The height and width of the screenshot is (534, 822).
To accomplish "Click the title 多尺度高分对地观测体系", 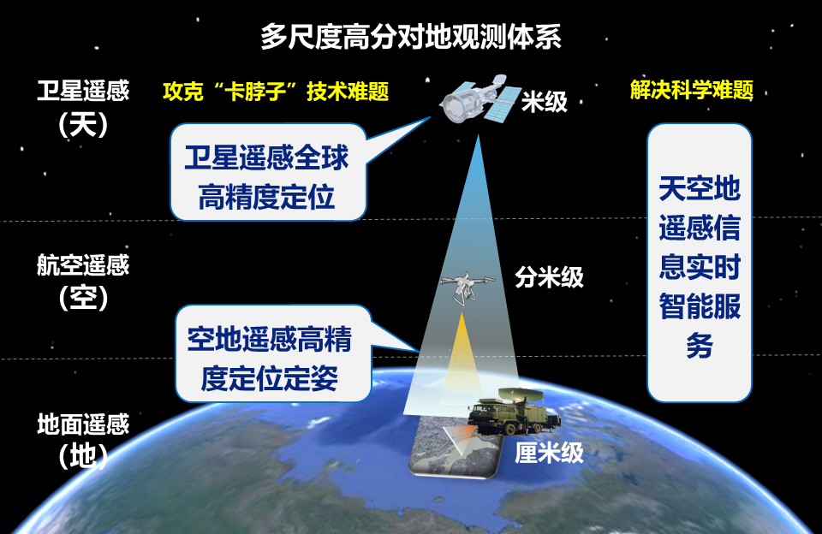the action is [x=411, y=37].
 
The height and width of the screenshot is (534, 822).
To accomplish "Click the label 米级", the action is [x=545, y=101].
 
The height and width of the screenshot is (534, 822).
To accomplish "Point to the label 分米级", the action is [x=549, y=276].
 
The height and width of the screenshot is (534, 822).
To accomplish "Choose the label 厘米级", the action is [x=549, y=452].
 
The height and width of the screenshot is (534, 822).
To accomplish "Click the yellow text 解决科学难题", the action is [x=692, y=90].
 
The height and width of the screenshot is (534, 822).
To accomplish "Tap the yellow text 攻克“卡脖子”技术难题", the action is [x=276, y=92].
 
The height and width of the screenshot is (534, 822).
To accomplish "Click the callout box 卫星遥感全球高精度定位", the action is [x=268, y=172].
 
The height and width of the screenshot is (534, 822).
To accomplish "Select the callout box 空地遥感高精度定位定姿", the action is [x=273, y=353].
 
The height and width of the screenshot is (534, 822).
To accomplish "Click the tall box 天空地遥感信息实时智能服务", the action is [x=700, y=263].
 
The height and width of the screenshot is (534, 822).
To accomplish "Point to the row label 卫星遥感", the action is [x=83, y=90].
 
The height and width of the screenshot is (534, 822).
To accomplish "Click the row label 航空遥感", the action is [x=83, y=264].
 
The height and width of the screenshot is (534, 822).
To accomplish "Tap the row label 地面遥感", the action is [x=83, y=424].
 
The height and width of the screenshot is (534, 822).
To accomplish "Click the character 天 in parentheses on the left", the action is [x=83, y=124].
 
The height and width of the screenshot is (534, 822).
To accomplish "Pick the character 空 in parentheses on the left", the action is [x=83, y=298].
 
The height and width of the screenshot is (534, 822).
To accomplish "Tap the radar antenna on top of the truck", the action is [x=517, y=395].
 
